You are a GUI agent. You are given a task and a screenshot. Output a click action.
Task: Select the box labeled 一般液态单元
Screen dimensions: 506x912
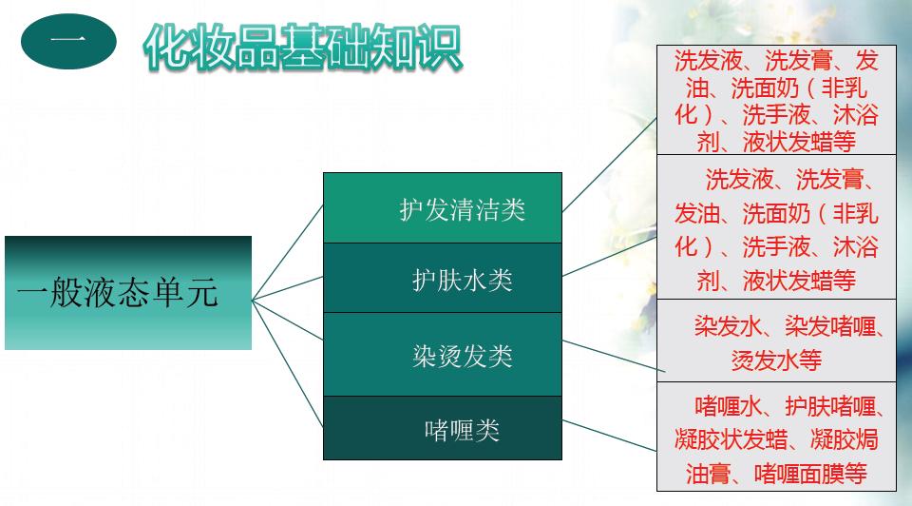(128, 293)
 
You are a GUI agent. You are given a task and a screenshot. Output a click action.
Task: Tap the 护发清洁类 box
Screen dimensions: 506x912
(443, 208)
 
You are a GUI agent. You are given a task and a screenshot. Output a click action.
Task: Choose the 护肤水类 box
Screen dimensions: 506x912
(443, 279)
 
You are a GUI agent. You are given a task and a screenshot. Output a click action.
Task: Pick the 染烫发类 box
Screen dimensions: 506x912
(443, 355)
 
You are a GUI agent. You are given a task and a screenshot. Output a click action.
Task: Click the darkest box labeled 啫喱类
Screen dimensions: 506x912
(443, 429)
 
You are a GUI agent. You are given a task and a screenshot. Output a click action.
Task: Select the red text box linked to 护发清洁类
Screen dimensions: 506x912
(777, 101)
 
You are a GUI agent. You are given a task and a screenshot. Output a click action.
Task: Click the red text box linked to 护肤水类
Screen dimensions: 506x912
(777, 228)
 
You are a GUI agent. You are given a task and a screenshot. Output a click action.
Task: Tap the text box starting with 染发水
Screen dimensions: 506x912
(777, 342)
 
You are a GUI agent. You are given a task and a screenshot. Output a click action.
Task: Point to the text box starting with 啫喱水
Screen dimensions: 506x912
(777, 439)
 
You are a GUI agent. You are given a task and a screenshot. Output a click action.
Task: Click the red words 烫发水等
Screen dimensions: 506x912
(777, 360)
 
